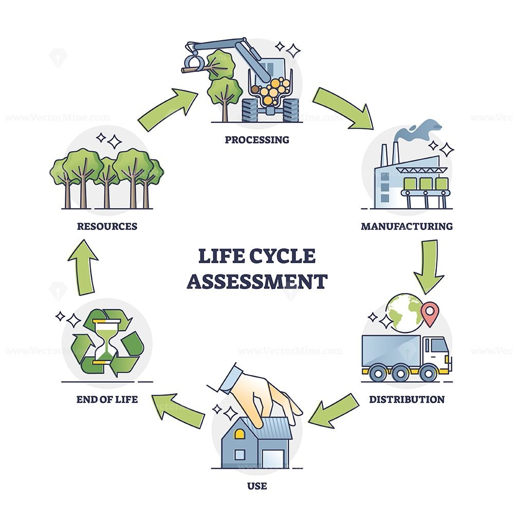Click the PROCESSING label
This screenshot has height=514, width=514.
(x=256, y=139)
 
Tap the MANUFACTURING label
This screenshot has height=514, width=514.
(x=407, y=226)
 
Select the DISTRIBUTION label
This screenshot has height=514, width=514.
(x=407, y=399)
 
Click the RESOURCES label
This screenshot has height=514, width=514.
(x=107, y=226)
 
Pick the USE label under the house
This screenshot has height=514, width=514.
(x=257, y=485)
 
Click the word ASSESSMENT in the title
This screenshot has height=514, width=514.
(x=256, y=282)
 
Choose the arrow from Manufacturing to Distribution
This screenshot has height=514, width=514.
(x=428, y=265)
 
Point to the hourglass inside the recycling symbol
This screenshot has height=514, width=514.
(x=106, y=341)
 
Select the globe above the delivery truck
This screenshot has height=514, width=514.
(x=406, y=311)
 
